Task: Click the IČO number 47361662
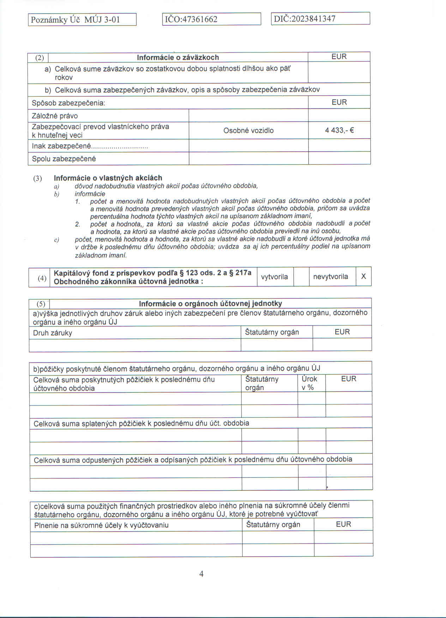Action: click(x=199, y=19)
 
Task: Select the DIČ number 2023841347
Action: click(x=313, y=19)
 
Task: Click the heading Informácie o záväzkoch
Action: click(x=178, y=57)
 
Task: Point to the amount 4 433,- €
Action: click(x=339, y=131)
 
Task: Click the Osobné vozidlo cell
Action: click(x=248, y=131)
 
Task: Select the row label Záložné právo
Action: click(x=55, y=116)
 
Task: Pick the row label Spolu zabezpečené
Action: click(x=64, y=159)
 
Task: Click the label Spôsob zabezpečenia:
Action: click(x=68, y=103)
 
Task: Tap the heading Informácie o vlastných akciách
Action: click(x=108, y=178)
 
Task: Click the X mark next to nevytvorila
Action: click(x=363, y=277)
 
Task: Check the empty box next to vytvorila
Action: click(x=301, y=277)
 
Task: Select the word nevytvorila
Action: click(x=331, y=277)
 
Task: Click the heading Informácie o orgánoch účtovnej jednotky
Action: click(x=210, y=304)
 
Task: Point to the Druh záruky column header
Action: click(x=53, y=333)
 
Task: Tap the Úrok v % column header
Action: click(x=309, y=383)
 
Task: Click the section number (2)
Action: click(x=40, y=58)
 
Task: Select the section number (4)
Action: click(x=42, y=278)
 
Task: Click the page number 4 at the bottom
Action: click(x=201, y=574)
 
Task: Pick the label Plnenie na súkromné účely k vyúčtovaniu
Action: click(x=101, y=525)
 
